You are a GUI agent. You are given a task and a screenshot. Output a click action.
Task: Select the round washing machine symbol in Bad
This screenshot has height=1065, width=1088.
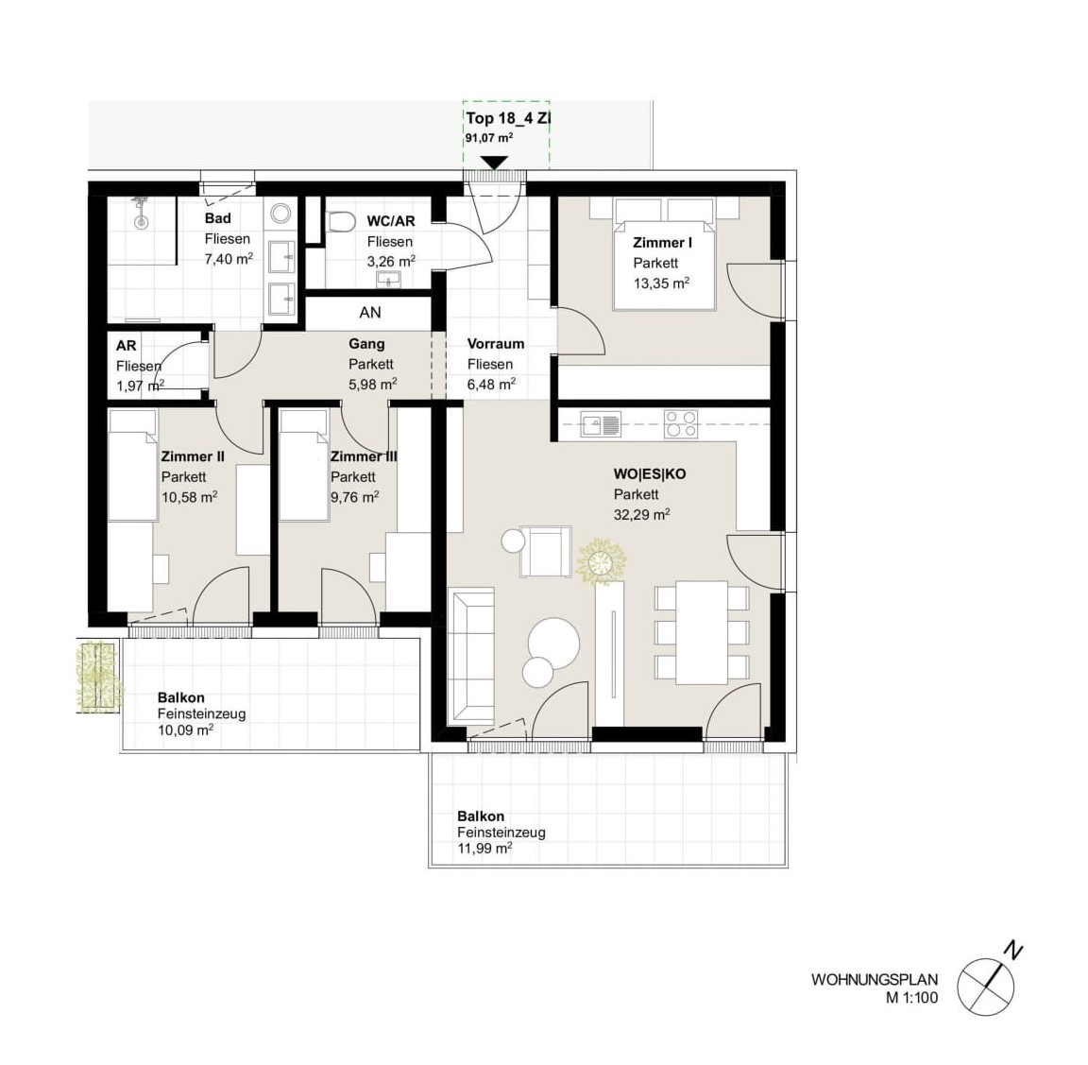coord(281,213)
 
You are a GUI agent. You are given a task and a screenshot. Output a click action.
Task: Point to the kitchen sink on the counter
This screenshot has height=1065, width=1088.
coord(601,423)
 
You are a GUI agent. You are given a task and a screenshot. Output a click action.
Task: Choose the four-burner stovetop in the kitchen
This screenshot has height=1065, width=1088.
coord(681,423)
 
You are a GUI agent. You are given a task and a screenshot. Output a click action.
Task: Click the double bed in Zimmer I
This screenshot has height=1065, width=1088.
coord(664,253)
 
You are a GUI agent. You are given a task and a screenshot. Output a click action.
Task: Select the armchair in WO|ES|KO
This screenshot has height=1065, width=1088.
coord(545,551)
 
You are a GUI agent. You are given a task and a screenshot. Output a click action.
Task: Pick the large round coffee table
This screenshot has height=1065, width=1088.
coord(553,643)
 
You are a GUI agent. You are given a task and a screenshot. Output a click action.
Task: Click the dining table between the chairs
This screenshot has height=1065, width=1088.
coord(703,632)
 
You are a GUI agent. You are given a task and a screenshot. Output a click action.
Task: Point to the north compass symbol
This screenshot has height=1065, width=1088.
coord(990,980)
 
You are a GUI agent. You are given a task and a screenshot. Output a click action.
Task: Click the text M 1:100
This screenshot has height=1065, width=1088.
coord(911,998)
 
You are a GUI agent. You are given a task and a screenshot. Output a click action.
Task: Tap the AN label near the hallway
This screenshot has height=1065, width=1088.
coord(370,313)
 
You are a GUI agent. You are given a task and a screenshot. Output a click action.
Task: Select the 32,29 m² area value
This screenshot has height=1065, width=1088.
coord(641,514)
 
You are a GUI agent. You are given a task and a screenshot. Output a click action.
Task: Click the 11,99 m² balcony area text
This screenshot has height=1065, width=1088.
coord(484,848)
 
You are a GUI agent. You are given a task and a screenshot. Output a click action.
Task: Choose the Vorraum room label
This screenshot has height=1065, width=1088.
coord(496,344)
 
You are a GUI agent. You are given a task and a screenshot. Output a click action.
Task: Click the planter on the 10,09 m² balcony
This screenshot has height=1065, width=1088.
coord(98,677)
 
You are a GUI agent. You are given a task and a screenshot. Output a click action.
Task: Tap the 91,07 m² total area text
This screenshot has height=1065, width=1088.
coord(489,137)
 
